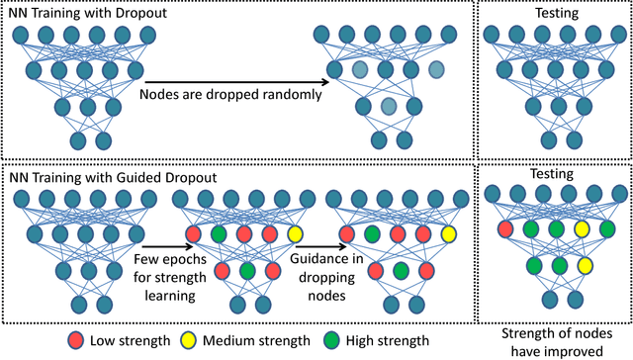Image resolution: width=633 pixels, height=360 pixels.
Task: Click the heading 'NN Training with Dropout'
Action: [x=73, y=12]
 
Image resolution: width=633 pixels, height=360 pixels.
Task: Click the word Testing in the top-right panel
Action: [x=552, y=14]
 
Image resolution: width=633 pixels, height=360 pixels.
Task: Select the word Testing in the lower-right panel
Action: [x=552, y=173]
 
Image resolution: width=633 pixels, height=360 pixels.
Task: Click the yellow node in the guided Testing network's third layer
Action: [x=585, y=265]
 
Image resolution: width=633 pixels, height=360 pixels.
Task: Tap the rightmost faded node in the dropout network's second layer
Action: [x=437, y=70]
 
